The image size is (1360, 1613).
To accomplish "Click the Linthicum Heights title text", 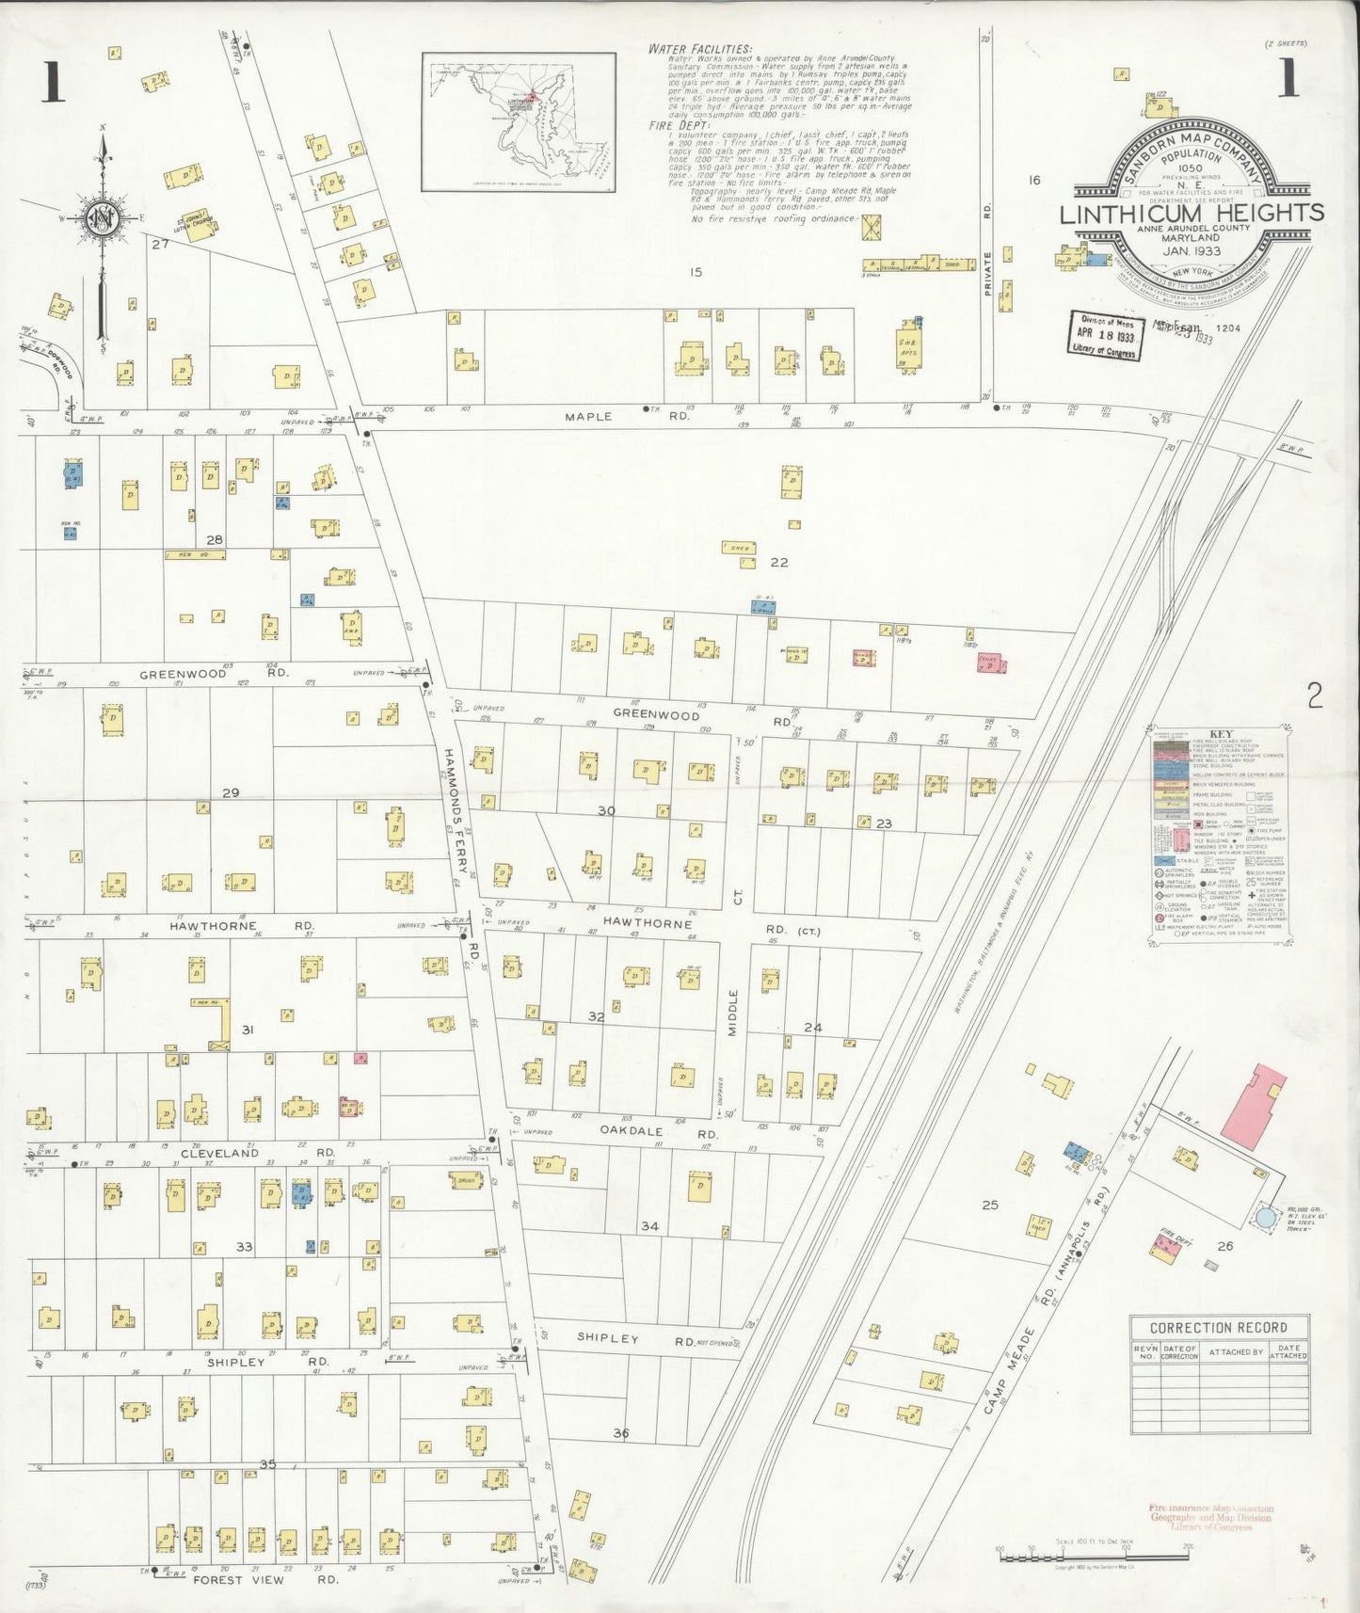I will tap(1192, 214).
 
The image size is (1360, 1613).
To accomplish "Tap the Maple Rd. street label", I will tap(589, 416).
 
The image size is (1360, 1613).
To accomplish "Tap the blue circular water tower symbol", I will tap(1266, 1217).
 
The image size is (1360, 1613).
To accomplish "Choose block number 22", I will tap(778, 563).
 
